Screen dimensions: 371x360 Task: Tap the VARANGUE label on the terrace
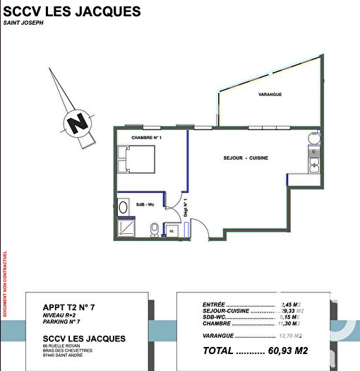270,94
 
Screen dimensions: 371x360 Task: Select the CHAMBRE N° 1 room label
146,138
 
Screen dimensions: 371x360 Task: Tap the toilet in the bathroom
154,230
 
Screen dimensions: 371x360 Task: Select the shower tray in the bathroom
127,228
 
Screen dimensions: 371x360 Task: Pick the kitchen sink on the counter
313,164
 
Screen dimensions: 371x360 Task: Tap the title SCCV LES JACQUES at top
72,12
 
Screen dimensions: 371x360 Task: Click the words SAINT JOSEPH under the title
23,24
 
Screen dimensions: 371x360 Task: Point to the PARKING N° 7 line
62,323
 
